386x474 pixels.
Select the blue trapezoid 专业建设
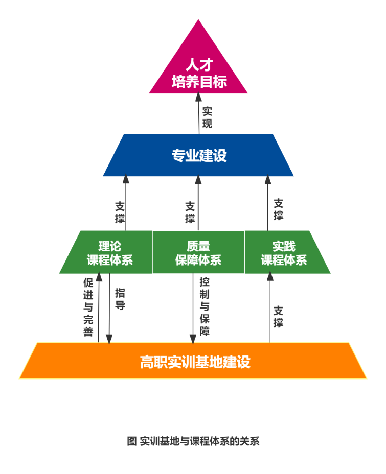(198, 155)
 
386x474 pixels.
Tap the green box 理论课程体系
(109, 253)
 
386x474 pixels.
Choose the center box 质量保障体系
(198, 253)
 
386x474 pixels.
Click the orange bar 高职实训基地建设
(194, 362)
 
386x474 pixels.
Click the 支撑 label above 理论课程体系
(120, 213)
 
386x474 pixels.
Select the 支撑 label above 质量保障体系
(190, 213)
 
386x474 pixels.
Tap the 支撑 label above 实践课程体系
(278, 209)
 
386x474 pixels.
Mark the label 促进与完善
(88, 307)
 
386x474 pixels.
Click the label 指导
(120, 299)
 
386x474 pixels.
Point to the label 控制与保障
(205, 306)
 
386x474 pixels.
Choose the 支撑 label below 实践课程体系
(278, 317)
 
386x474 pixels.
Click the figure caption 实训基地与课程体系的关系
(194, 441)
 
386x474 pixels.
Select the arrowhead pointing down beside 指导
(109, 339)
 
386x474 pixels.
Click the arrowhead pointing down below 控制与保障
(193, 338)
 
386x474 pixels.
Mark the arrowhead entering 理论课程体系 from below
(99, 277)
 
